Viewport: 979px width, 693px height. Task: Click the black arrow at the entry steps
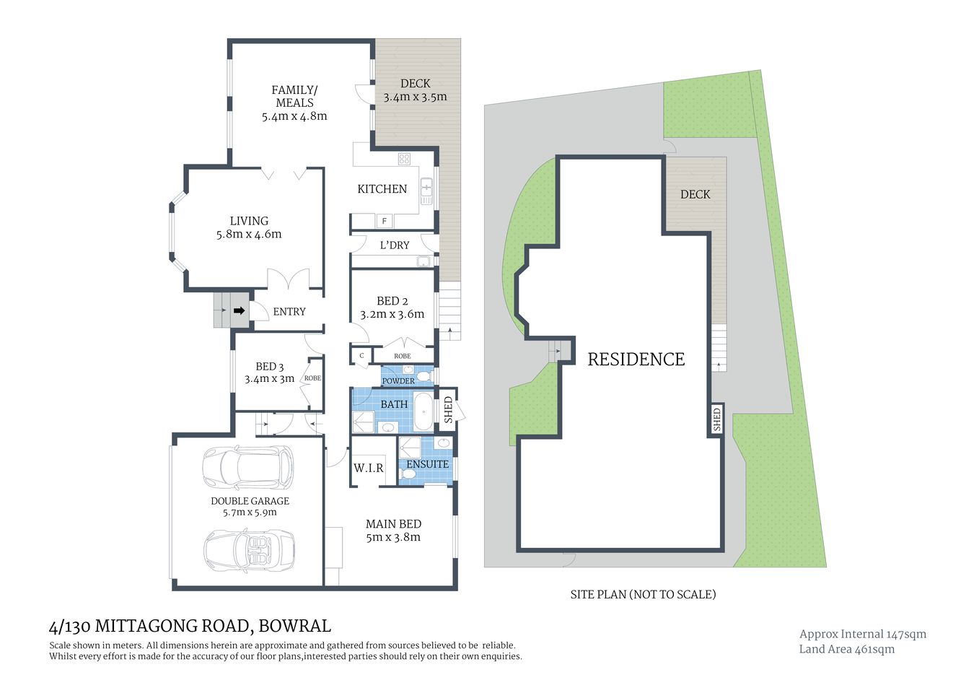pos(239,311)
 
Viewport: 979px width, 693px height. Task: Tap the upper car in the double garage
pos(248,467)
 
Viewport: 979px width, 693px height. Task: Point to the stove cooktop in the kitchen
pos(404,159)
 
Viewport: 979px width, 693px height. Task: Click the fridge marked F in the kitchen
pos(384,221)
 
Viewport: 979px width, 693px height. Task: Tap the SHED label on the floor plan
pos(448,409)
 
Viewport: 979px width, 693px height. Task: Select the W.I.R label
pos(369,468)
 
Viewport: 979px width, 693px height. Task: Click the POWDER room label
pos(398,380)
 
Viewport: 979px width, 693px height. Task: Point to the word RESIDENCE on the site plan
pos(636,359)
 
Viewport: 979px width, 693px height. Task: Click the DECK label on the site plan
pos(695,194)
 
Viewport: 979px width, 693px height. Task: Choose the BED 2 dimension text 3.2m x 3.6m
pos(392,314)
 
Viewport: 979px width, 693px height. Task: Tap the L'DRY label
pos(395,245)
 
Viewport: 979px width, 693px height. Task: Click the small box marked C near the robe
pos(361,355)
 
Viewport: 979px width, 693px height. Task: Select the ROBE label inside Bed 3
pos(312,378)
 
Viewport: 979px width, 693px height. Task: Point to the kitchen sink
pos(426,189)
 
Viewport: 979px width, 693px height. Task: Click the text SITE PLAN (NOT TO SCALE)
pos(643,594)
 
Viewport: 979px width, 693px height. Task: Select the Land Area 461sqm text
pos(846,649)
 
